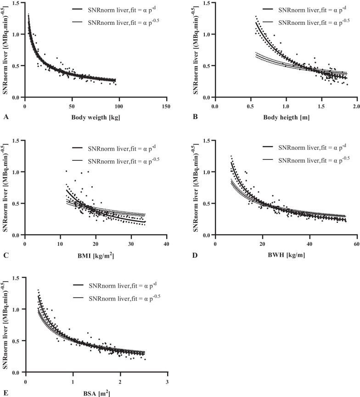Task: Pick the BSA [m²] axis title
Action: tap(96, 393)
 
